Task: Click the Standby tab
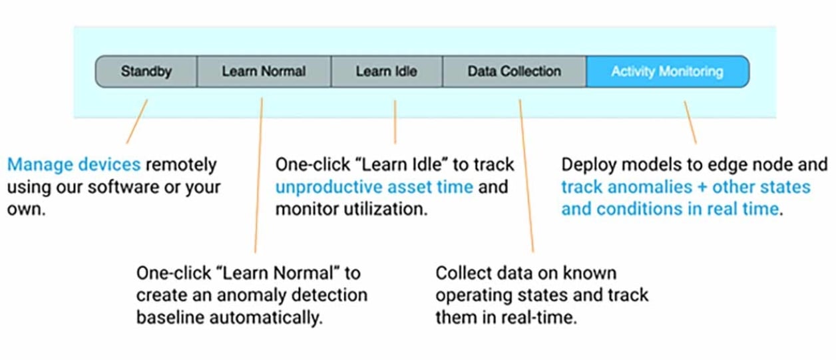coord(146,71)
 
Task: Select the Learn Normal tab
coord(264,71)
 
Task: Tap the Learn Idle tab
coord(386,71)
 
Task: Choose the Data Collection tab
coord(514,71)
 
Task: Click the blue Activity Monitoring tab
coord(667,71)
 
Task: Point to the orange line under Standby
coord(137,121)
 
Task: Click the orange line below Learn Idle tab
coord(395,122)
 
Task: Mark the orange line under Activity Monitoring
coord(690,122)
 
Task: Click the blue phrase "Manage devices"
coord(74,164)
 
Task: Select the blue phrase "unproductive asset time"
coord(374,187)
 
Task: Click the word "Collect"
coord(463,273)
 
